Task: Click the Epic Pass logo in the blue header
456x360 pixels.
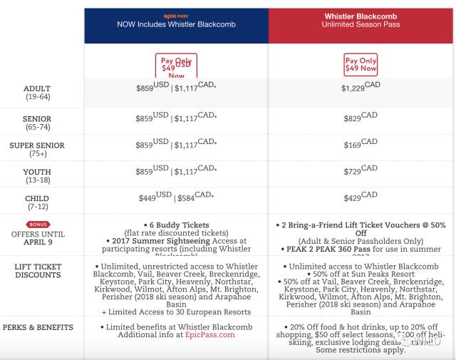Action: (176, 14)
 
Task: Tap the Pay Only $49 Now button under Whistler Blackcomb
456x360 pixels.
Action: (361, 65)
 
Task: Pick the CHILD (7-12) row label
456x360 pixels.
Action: (36, 203)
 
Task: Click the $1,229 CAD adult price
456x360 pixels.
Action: (361, 86)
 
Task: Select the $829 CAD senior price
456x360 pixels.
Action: (361, 116)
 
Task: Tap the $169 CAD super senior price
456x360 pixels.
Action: (361, 143)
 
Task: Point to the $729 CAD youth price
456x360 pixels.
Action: (361, 170)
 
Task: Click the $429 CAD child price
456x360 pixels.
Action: (361, 197)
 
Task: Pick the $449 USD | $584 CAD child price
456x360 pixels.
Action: (176, 197)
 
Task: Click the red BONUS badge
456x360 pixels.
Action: (37, 224)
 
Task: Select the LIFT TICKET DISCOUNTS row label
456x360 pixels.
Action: (37, 272)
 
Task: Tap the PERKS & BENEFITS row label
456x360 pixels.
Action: (37, 327)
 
